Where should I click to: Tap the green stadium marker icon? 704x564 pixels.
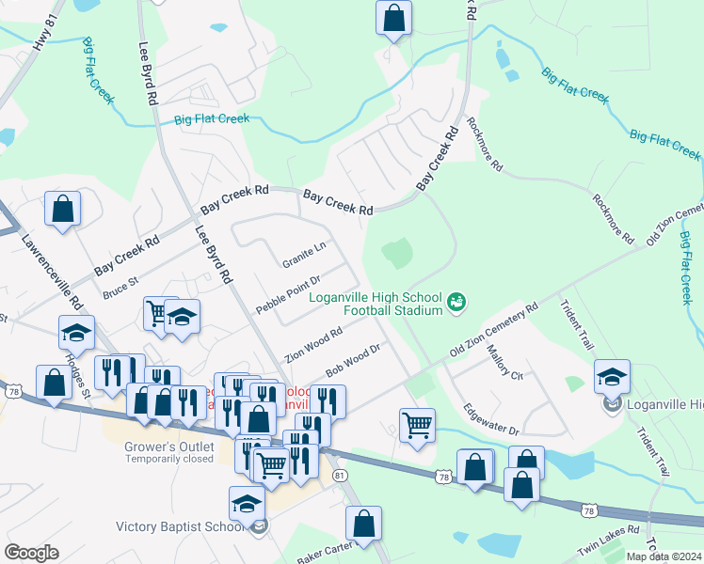coord(456,302)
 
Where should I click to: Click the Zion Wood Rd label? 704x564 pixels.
coord(314,345)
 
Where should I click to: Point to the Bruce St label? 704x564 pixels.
coord(120,287)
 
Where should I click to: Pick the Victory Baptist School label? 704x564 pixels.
coord(180,526)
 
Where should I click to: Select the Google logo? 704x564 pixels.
coord(32,553)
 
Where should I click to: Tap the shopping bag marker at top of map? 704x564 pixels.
coord(393,18)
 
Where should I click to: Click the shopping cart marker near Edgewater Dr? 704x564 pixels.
coord(417,424)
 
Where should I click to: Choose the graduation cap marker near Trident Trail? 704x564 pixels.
coord(612,376)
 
